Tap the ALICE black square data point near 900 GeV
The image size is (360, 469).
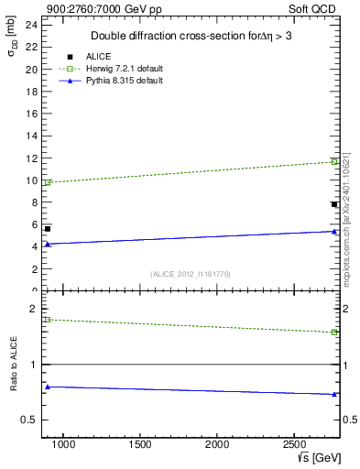[48, 228]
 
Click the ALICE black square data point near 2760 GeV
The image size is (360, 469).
[334, 204]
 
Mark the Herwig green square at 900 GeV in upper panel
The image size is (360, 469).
[48, 182]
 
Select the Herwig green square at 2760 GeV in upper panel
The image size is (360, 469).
[334, 161]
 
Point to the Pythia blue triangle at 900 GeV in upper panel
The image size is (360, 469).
[48, 244]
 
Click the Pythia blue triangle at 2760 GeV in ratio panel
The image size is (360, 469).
[334, 395]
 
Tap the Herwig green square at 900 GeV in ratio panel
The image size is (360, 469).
[48, 319]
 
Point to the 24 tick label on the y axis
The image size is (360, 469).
[32, 25]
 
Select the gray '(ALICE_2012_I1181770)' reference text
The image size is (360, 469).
[191, 274]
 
